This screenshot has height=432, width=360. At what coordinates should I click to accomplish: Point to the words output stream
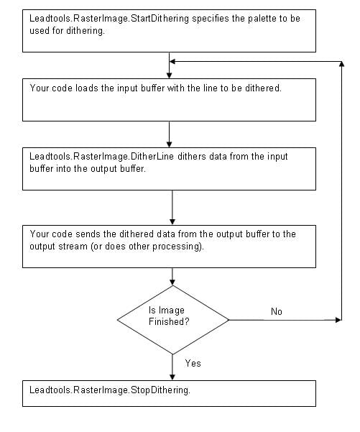tap(62, 246)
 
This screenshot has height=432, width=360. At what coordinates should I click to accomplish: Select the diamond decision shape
tap(172, 318)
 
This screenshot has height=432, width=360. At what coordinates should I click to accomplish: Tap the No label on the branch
tap(276, 311)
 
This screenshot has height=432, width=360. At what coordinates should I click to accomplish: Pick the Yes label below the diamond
tap(193, 363)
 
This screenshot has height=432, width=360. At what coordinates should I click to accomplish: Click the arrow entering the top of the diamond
tap(172, 275)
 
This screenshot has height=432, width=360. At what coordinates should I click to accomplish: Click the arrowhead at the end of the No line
tap(336, 318)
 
